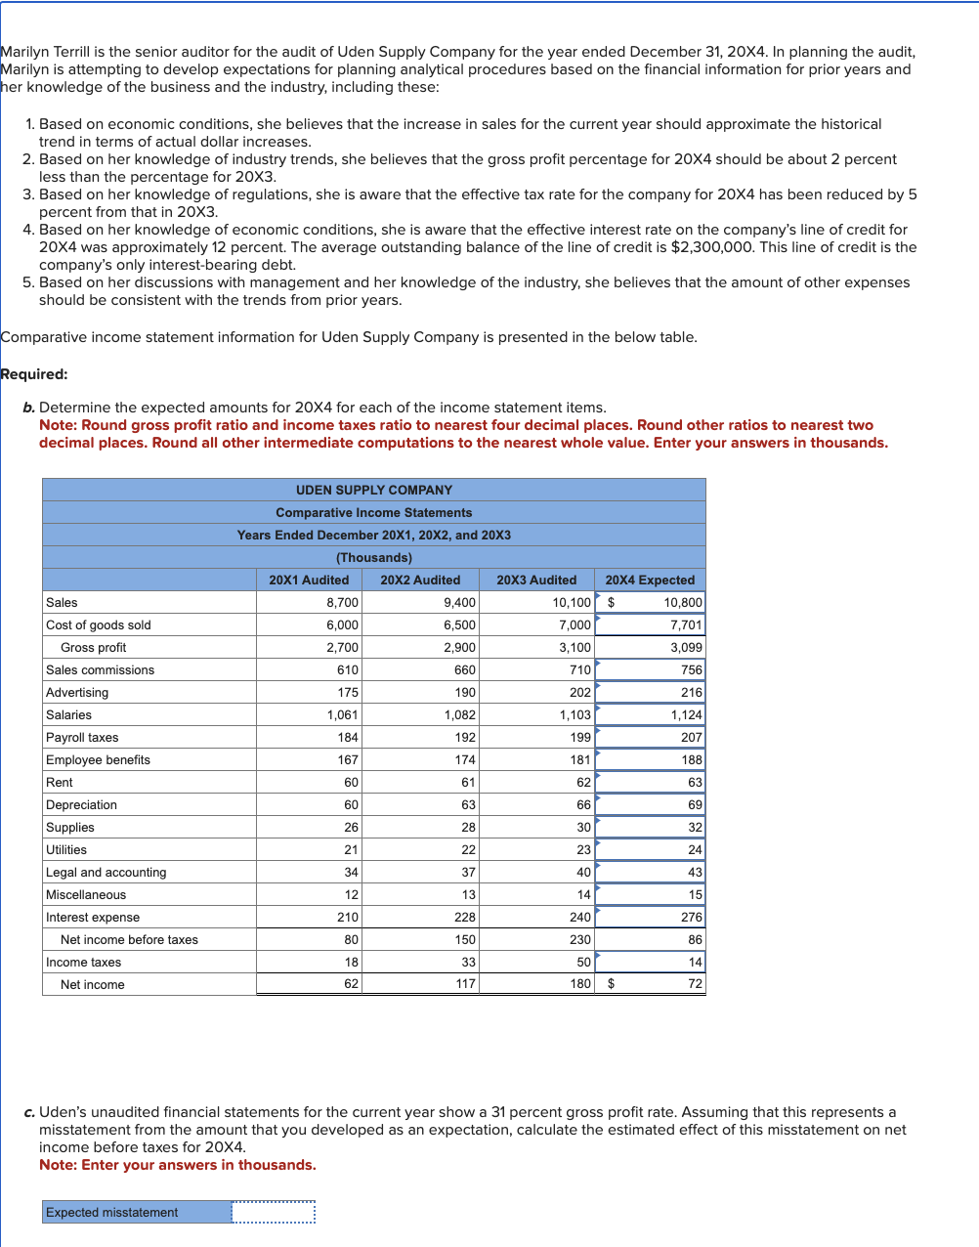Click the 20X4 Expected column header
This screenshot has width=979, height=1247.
[x=650, y=580]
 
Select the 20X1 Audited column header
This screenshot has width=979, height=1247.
[x=309, y=580]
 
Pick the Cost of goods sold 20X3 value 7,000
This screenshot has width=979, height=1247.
[x=575, y=624]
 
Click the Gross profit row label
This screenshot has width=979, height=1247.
[x=93, y=647]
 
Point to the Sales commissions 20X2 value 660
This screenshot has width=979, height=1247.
[x=465, y=669]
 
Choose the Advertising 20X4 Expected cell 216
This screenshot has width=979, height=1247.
[x=691, y=692]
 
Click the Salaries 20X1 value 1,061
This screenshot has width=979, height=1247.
[x=342, y=714]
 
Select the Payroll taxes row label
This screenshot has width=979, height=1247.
[x=82, y=737]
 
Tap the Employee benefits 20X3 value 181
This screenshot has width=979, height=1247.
[x=580, y=759]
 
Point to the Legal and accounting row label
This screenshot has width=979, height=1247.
[x=106, y=872]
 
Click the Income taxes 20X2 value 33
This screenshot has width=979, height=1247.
[x=468, y=962]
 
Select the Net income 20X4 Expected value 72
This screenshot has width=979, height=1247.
[x=695, y=984]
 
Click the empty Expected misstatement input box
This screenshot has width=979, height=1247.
[x=274, y=1212]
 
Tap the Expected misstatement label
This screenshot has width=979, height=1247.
[x=111, y=1212]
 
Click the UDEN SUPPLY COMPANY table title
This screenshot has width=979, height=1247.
[x=374, y=490]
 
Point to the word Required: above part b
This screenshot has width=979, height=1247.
[x=34, y=374]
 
